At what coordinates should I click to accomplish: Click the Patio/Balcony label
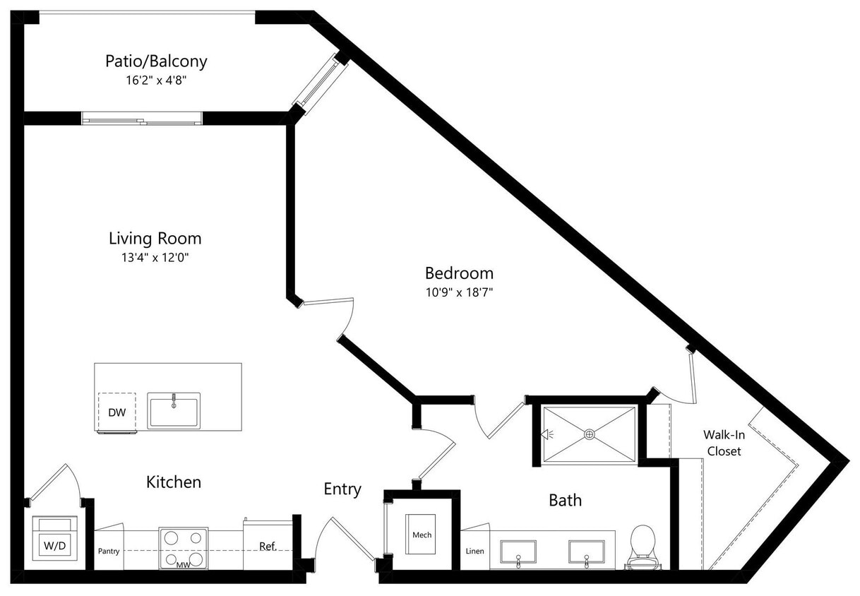[x=156, y=61]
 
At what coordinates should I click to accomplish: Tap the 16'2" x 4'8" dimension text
[x=156, y=81]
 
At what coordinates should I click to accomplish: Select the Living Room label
[x=155, y=238]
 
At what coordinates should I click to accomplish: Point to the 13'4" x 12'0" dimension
[x=155, y=258]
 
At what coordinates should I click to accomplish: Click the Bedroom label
[x=459, y=273]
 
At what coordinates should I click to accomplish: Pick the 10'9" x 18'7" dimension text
[x=459, y=292]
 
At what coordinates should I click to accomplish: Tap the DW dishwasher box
[x=117, y=412]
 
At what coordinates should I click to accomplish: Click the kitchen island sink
[x=174, y=410]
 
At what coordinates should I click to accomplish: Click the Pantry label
[x=108, y=550]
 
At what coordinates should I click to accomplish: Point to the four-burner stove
[x=183, y=547]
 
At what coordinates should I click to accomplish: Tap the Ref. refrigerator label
[x=267, y=547]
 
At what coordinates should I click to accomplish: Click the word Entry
[x=342, y=489]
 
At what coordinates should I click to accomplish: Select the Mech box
[x=422, y=535]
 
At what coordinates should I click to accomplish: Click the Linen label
[x=475, y=551]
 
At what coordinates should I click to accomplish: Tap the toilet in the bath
[x=643, y=546]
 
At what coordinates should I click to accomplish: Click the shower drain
[x=590, y=435]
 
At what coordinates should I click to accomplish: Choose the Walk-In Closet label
[x=724, y=443]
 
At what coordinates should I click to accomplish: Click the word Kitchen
[x=174, y=482]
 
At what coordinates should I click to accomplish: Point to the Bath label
[x=566, y=501]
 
